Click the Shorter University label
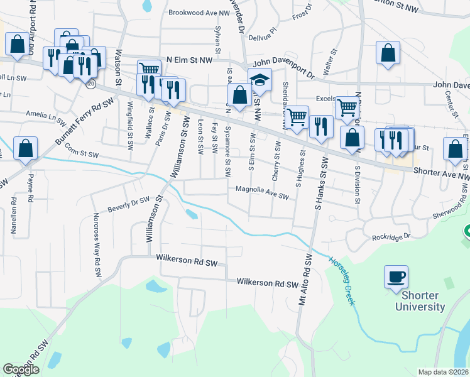click(x=420, y=302)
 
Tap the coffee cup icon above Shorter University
click(x=396, y=277)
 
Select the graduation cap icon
click(x=260, y=80)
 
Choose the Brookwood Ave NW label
click(x=199, y=13)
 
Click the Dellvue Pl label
click(x=263, y=38)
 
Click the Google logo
click(x=21, y=369)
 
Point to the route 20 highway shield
click(x=91, y=83)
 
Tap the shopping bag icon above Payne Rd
click(x=25, y=150)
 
